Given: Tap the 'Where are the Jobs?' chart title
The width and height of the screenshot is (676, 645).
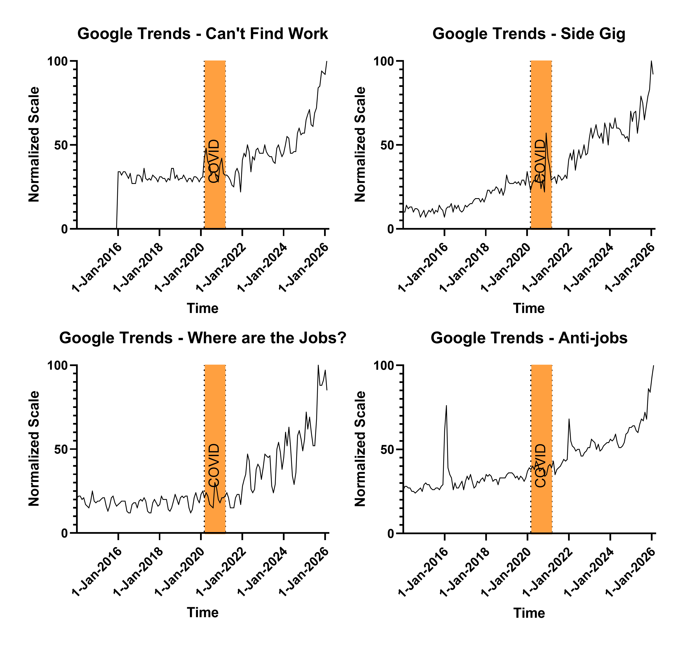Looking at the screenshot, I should [203, 338].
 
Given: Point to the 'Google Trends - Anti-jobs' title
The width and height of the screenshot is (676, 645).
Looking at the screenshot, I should [529, 338].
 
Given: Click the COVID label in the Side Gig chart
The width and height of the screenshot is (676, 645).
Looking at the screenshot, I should [540, 161].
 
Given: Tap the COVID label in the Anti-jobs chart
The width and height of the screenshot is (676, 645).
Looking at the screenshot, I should [541, 465].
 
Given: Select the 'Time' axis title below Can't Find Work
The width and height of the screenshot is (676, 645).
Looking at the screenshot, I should [203, 308].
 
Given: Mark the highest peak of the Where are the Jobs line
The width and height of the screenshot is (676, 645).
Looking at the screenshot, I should [318, 365].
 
